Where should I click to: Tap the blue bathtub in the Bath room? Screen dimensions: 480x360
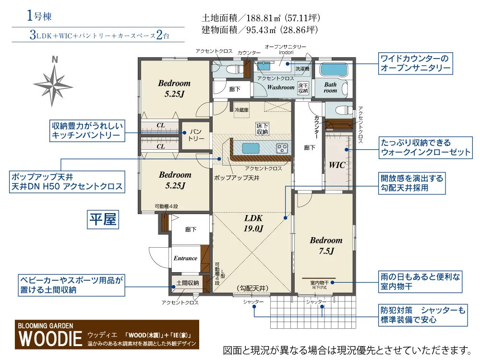[334, 70]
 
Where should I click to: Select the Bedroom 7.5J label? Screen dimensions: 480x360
[326, 245]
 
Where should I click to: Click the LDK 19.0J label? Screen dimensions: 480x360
[253, 223]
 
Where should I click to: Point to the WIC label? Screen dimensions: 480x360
[337, 165]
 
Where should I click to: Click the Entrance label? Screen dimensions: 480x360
[185, 258]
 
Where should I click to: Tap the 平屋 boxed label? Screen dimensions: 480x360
[103, 219]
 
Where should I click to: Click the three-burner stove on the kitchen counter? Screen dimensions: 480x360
[282, 148]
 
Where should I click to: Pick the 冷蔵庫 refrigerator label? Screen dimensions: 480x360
[241, 109]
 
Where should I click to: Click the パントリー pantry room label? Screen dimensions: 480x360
[196, 135]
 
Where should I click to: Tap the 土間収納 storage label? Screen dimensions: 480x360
[188, 283]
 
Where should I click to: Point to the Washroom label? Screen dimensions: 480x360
[281, 87]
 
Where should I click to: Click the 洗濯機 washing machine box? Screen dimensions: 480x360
[302, 69]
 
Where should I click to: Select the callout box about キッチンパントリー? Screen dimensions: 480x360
[87, 131]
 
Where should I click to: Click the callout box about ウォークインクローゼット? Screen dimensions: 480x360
[425, 147]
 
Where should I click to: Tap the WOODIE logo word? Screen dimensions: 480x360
[50, 338]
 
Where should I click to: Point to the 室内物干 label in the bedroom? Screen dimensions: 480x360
[319, 283]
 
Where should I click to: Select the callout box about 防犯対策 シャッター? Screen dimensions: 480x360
[423, 315]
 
